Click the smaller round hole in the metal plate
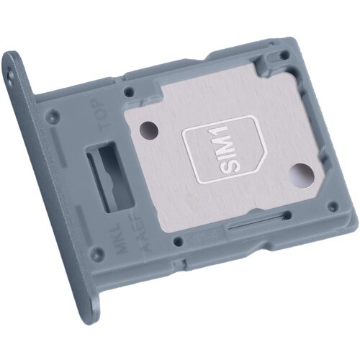[149, 129]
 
